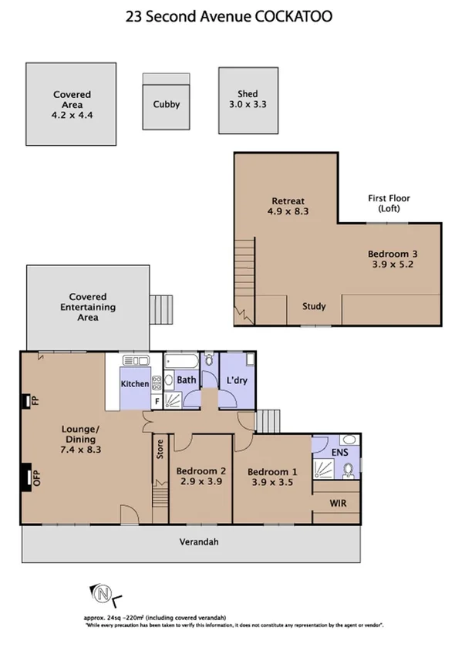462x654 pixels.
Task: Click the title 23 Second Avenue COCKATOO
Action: click(230, 15)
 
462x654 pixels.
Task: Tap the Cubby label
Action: click(166, 104)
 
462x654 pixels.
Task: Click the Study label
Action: click(314, 306)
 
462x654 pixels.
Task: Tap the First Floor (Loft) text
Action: click(389, 204)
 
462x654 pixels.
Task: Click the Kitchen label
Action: click(134, 383)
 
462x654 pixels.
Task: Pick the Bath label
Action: click(187, 379)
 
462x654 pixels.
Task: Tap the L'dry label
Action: click(235, 380)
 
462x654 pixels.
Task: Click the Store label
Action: click(160, 449)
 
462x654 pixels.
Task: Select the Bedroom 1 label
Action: click(271, 471)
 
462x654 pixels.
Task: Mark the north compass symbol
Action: click(102, 594)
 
